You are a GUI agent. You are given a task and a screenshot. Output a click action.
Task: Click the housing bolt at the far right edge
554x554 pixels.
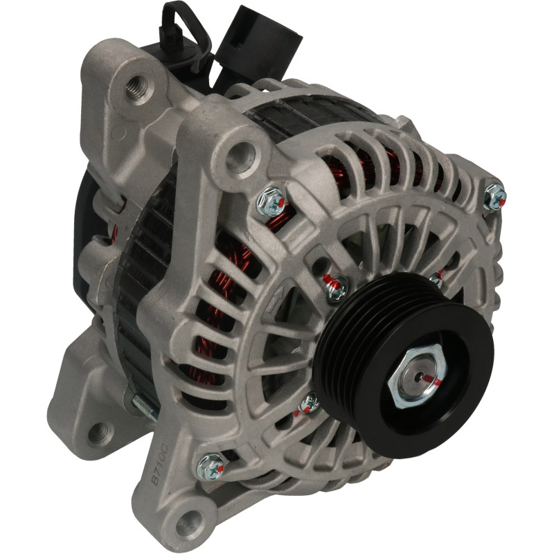point(494,197)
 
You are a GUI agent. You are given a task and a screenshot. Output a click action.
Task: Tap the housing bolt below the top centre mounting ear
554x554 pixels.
point(271,202)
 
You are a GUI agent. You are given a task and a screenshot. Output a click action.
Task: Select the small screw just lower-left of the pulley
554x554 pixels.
point(309,403)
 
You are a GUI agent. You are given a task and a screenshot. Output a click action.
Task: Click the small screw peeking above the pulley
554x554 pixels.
point(436,280)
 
